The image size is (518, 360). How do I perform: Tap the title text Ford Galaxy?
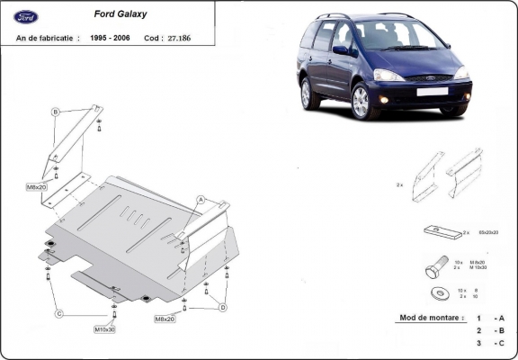[122, 15]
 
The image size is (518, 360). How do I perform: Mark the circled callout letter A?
[201, 199]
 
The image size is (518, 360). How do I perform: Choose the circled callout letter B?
[56, 112]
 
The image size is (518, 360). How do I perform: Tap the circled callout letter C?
[59, 313]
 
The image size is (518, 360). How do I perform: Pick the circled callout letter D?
[222, 307]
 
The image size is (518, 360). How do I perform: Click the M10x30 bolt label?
[105, 328]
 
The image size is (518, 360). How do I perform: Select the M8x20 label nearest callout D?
[165, 319]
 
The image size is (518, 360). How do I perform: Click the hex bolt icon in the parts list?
[436, 268]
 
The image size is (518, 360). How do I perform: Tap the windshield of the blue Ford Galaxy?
[395, 37]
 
